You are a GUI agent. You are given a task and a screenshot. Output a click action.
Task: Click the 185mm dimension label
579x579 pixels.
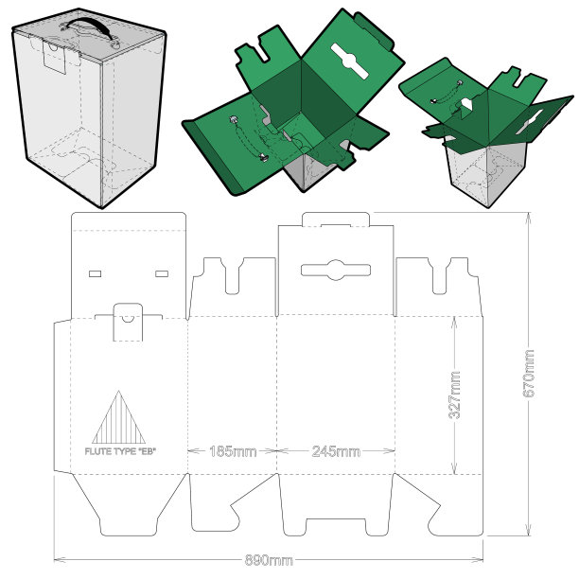(x=233, y=451)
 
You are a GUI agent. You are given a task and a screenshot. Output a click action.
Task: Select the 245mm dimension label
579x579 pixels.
(x=336, y=451)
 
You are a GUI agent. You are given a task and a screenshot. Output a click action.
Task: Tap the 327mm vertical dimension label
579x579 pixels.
(x=454, y=395)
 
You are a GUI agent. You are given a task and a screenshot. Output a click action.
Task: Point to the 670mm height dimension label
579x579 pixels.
(x=529, y=374)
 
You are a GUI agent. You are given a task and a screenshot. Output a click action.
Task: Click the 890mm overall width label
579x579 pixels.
(x=269, y=560)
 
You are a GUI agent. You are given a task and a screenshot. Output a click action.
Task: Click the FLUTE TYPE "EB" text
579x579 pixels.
(x=120, y=451)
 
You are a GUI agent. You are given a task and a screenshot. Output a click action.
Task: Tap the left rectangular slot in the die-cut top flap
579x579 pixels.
(x=96, y=273)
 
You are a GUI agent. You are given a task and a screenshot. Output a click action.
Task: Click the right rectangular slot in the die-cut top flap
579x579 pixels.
(x=162, y=273)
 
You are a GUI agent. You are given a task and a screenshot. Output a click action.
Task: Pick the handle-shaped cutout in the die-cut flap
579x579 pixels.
(x=336, y=270)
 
